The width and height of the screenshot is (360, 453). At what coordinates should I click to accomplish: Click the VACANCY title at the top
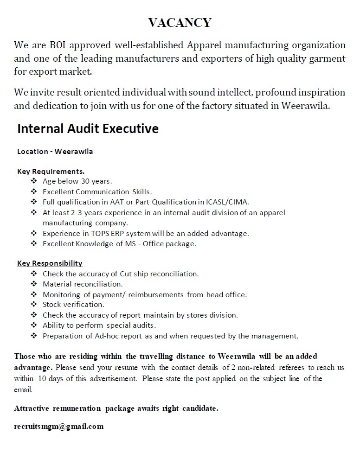point(180,22)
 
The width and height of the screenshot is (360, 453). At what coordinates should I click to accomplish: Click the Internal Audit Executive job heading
point(88,128)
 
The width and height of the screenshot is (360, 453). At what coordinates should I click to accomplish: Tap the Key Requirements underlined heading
point(51,172)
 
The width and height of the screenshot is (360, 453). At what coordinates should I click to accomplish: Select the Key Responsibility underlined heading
point(50,263)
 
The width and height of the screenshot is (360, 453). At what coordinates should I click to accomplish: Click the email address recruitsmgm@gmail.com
point(59,426)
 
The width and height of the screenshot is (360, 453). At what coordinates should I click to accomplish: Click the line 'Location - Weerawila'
point(55,152)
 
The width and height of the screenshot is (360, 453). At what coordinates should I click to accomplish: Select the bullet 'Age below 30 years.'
point(77,181)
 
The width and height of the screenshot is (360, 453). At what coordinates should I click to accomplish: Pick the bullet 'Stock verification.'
point(73,305)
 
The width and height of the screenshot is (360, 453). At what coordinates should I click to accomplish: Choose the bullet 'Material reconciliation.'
point(83,284)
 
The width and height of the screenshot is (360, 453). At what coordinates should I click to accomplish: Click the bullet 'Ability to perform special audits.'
point(99,325)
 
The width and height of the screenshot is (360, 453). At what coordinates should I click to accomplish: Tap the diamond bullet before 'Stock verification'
point(33,305)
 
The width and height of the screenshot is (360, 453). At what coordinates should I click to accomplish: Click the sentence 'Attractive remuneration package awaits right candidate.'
point(116,408)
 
